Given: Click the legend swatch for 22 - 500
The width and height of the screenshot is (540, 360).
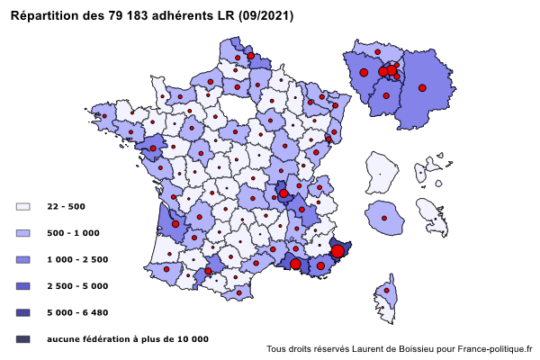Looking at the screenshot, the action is [23, 206].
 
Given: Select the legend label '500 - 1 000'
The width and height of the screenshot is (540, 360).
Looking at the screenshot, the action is [73, 233].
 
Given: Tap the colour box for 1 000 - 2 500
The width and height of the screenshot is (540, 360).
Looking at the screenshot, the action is [23, 259].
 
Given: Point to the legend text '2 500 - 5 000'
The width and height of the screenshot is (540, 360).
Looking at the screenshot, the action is [77, 285].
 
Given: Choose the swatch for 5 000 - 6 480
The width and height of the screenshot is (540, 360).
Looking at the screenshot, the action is [23, 312].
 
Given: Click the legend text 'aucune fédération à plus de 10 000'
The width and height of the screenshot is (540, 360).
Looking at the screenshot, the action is [128, 338].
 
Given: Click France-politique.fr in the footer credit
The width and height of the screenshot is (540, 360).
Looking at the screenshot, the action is [495, 349].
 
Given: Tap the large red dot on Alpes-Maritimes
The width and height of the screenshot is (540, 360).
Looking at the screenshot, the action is [337, 251].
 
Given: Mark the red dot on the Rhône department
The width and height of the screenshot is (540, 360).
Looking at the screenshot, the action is [283, 193].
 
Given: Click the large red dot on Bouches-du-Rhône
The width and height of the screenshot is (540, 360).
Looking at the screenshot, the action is [295, 264].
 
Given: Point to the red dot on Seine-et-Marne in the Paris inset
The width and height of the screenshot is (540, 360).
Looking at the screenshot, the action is [422, 87].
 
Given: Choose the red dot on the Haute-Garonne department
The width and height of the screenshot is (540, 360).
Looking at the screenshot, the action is [210, 269].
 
